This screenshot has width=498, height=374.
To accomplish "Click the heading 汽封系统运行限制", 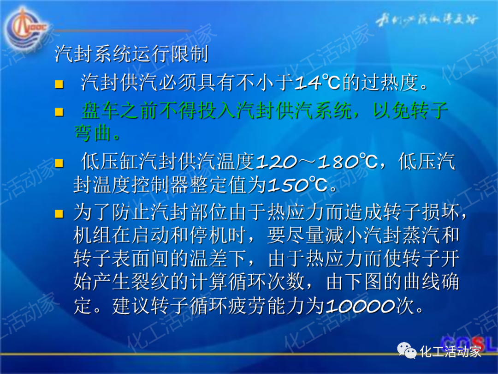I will pos(131,54).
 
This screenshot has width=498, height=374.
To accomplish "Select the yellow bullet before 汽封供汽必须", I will pos(59,84).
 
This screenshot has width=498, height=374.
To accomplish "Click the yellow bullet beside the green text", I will pos(59,113).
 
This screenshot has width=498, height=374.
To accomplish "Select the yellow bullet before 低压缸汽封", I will pos(59,163).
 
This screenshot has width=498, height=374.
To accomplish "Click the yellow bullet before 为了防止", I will pos(59,213).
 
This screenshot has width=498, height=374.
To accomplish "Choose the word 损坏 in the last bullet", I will pos(441,213).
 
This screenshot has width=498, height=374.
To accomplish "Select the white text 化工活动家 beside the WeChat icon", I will pos(451,352).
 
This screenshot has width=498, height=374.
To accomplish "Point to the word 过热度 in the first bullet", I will pos(391,83).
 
